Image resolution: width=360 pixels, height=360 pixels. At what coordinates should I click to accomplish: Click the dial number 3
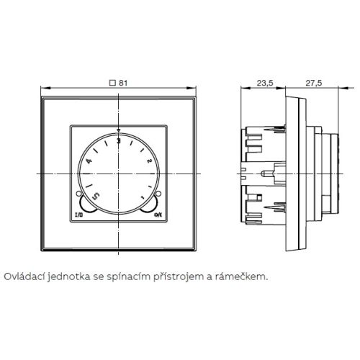pos(119,141)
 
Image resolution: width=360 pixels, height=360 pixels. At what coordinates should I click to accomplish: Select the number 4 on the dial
pos(89,161)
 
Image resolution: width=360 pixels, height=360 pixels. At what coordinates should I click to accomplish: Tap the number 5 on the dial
pos(96,196)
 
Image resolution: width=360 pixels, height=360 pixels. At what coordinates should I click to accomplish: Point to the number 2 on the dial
pos(148,161)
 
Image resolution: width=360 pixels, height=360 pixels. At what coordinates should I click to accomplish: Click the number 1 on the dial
pos(143,197)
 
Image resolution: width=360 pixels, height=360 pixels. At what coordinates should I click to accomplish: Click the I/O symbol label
pos(79,215)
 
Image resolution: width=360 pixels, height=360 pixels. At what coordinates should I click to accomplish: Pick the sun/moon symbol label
pos(158,215)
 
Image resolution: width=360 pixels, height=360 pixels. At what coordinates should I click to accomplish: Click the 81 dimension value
pos(123,83)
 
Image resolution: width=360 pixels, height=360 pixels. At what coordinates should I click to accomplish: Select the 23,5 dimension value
pos(265,83)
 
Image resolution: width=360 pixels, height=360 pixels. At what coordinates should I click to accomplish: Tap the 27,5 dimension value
pos(313,83)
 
